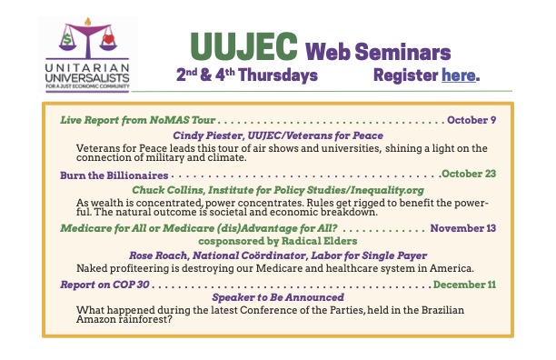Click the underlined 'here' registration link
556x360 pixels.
click(x=459, y=76)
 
